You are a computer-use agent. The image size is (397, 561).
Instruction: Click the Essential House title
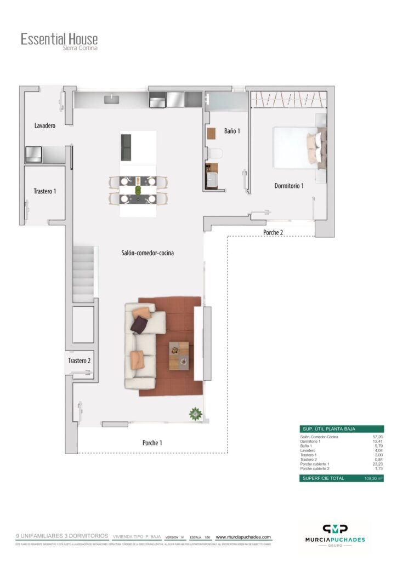[x=59, y=39]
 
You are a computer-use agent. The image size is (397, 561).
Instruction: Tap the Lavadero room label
[x=45, y=126]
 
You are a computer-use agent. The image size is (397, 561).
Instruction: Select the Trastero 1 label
[x=44, y=191]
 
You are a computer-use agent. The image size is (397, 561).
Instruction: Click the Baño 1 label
[x=232, y=131]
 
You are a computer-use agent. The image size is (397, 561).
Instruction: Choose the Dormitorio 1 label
[x=289, y=186]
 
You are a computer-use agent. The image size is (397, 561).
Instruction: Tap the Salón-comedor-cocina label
[x=148, y=253]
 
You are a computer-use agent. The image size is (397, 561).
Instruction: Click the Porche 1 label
[x=152, y=443]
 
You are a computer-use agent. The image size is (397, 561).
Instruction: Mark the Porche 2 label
[x=273, y=232]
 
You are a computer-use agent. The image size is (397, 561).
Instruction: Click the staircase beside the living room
[x=84, y=273]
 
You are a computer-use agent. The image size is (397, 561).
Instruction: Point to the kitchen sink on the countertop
[x=113, y=99]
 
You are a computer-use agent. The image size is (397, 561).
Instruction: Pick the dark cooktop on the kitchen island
[x=126, y=147]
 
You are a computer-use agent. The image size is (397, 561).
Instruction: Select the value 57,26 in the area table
[x=376, y=437]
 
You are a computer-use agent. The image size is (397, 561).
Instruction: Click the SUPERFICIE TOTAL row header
[x=322, y=478]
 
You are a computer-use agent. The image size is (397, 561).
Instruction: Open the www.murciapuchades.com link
[x=243, y=537]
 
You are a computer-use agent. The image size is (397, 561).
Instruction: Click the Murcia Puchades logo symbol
[x=334, y=529]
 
